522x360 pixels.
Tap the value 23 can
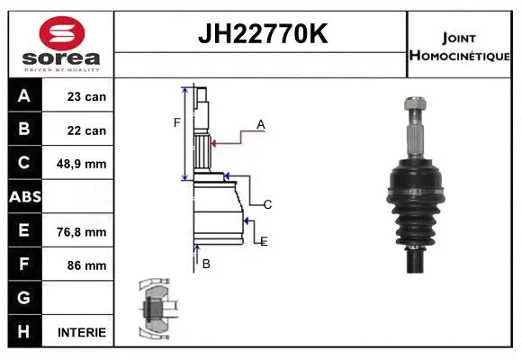click(x=86, y=96)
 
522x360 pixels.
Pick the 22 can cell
click(x=86, y=130)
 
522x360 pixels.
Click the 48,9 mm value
click(x=81, y=164)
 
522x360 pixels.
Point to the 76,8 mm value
click(x=81, y=231)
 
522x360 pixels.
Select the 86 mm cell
click(x=86, y=265)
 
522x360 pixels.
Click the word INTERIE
click(x=81, y=332)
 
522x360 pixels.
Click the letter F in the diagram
click(x=177, y=122)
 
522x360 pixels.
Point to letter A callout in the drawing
click(x=260, y=125)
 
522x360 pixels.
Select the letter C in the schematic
click(x=267, y=205)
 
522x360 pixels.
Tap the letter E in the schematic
click(x=264, y=241)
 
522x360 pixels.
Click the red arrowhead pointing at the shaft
click(x=213, y=141)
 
